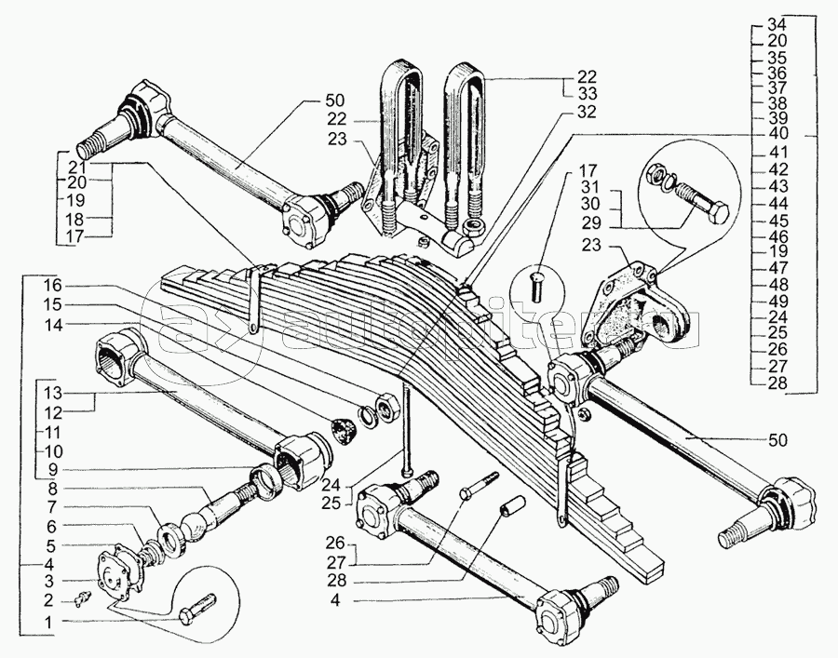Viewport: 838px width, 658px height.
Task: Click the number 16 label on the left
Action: coord(52,284)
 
